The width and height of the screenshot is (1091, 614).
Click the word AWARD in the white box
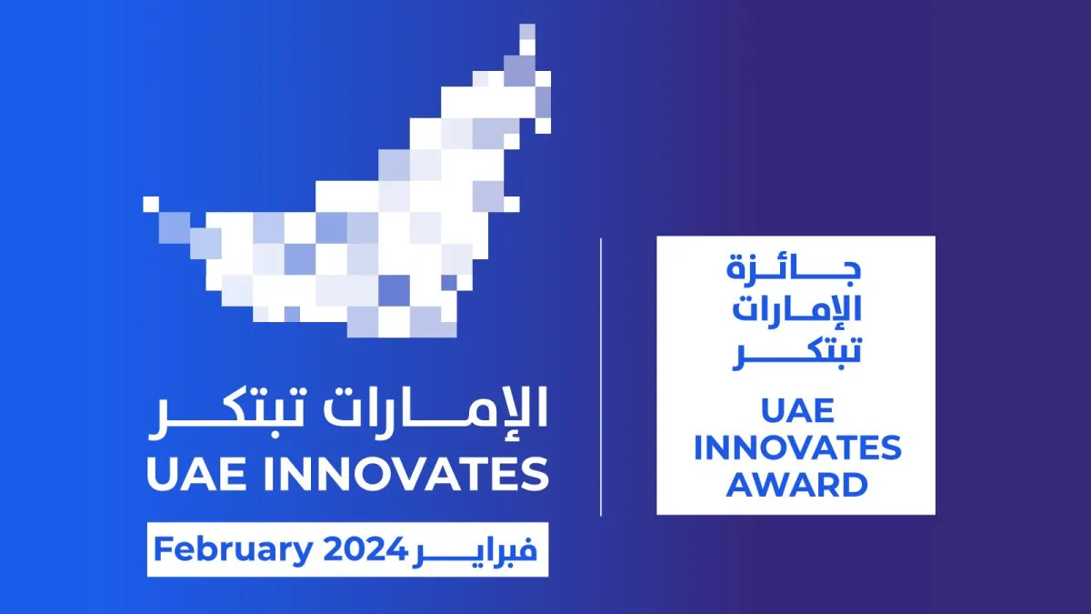[796, 484]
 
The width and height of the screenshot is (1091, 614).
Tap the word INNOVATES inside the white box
[796, 448]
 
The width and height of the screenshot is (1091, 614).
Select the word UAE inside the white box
[796, 411]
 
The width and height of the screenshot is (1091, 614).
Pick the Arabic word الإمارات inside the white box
[796, 309]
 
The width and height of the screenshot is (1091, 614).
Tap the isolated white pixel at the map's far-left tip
[151, 204]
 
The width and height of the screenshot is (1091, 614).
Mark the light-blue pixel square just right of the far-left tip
[173, 226]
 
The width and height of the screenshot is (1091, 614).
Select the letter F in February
[162, 549]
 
